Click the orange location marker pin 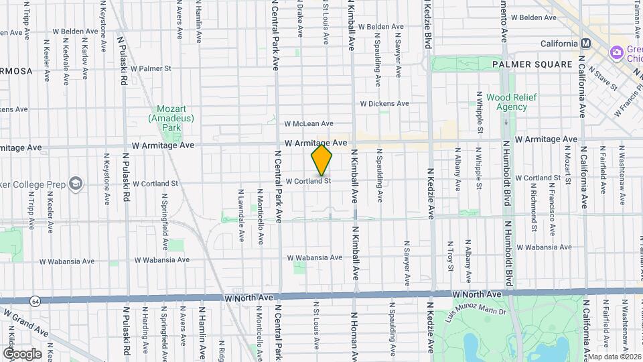pyautogui.click(x=321, y=160)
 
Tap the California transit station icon pyautogui.click(x=586, y=44)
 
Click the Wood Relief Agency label pyautogui.click(x=507, y=102)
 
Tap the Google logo pyautogui.click(x=21, y=354)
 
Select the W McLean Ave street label pyautogui.click(x=308, y=123)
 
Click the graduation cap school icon pyautogui.click(x=76, y=182)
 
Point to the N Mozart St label pyautogui.click(x=567, y=168)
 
